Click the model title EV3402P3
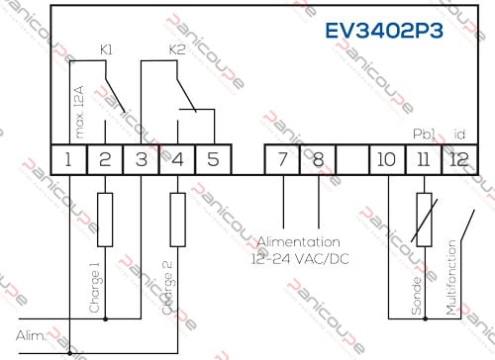pyautogui.click(x=384, y=29)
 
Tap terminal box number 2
pyautogui.click(x=105, y=157)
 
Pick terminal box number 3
pyautogui.click(x=141, y=157)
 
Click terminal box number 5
pyautogui.click(x=211, y=157)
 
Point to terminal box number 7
pyautogui.click(x=283, y=157)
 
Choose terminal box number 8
pyautogui.click(x=318, y=157)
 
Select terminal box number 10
pyautogui.click(x=388, y=157)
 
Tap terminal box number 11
pyautogui.click(x=423, y=157)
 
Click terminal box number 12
pyautogui.click(x=457, y=157)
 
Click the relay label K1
pyautogui.click(x=107, y=47)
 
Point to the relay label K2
pyautogui.click(x=177, y=47)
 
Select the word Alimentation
pyautogui.click(x=299, y=240)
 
